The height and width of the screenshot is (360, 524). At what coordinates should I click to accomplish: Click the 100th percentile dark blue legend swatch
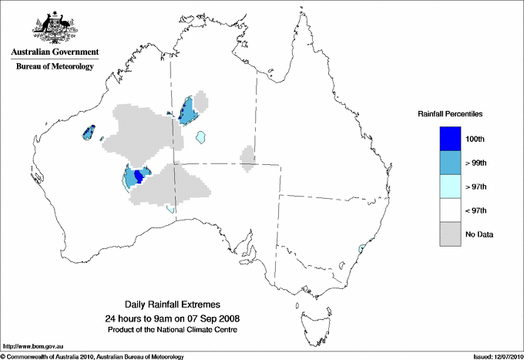pos(451,139)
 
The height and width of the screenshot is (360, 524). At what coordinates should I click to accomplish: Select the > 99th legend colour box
pos(451,163)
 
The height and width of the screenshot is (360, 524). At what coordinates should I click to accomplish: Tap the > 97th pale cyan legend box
pos(451,187)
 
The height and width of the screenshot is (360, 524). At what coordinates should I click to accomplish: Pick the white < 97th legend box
pos(451,210)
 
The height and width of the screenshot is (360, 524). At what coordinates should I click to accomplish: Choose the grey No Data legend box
pos(451,234)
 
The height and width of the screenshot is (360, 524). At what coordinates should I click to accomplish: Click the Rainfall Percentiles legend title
pos(450,113)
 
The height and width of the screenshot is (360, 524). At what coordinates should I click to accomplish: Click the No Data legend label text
pos(480,234)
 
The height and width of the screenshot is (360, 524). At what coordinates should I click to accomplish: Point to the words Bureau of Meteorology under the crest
pos(55,67)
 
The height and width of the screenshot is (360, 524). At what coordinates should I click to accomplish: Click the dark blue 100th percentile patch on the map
pos(139,177)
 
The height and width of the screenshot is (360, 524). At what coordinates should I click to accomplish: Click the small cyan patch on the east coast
pos(360,249)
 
